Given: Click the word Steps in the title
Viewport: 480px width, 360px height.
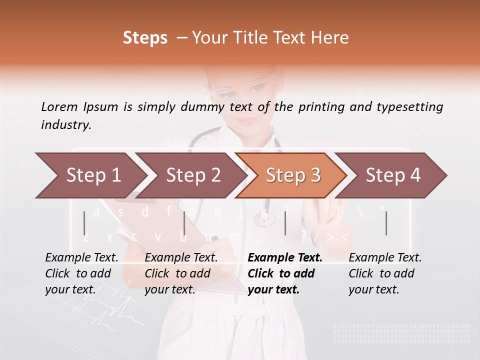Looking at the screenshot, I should point(145,38).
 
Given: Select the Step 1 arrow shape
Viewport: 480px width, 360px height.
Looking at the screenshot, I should point(90,175).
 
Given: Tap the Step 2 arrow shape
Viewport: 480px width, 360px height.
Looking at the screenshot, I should point(193,175).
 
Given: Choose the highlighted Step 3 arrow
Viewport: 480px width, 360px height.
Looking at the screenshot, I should point(293,175).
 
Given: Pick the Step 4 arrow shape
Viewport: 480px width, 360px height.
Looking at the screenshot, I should point(393,175).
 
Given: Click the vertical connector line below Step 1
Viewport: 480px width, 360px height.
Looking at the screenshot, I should point(84,223).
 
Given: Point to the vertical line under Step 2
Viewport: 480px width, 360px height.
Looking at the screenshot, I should point(184,223).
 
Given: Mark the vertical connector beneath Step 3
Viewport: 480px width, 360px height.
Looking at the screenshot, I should point(285,223).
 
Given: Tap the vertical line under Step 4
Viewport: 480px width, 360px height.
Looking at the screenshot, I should point(386,223).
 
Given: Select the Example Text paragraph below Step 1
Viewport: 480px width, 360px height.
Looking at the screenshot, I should point(82,273).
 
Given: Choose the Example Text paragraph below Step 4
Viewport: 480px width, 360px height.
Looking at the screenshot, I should point(385,273).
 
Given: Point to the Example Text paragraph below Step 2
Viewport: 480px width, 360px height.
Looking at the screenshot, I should point(181,273).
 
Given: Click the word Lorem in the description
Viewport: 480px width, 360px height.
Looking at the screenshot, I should point(59,106).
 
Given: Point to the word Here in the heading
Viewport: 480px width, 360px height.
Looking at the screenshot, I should point(330,38).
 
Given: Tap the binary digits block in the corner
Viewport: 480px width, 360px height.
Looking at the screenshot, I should point(401,334).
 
